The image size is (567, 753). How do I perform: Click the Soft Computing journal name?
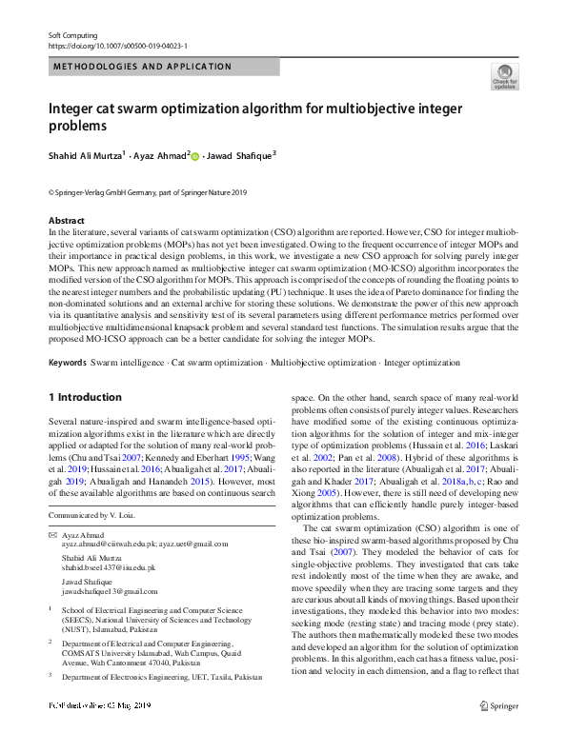click(x=72, y=34)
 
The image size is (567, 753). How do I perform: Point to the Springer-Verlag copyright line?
click(x=147, y=191)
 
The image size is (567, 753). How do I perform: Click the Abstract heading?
click(x=67, y=221)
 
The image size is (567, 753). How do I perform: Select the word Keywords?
click(x=68, y=363)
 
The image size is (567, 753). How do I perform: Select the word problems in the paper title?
click(x=77, y=126)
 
